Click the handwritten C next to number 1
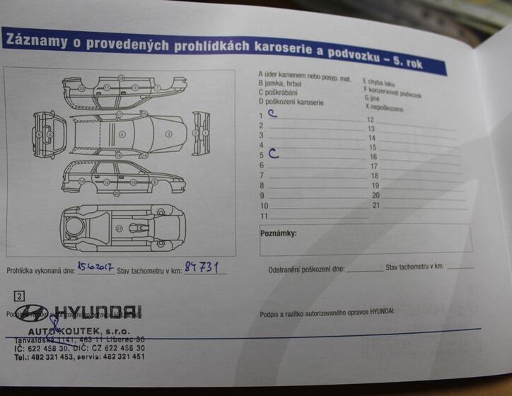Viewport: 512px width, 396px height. [272, 113]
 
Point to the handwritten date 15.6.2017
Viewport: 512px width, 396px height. [95, 267]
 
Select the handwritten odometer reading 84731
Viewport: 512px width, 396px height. [202, 266]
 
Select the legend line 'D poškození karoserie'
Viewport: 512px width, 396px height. [292, 102]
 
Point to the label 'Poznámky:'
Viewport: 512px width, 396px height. [279, 233]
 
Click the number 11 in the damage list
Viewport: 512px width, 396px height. [264, 216]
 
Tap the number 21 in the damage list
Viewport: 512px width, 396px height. [376, 205]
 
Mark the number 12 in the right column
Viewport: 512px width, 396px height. [370, 120]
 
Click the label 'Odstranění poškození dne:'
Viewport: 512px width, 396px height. [306, 269]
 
